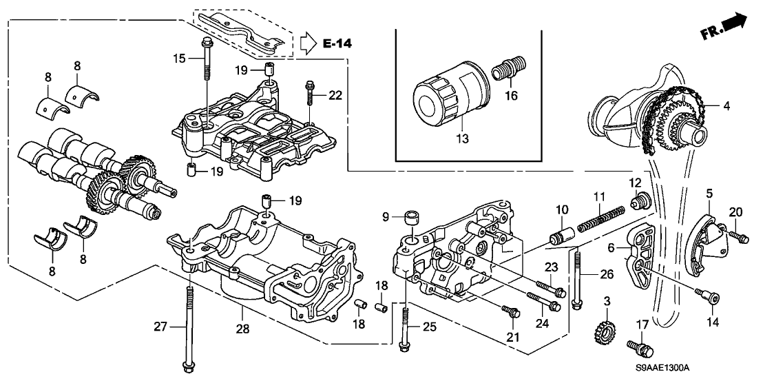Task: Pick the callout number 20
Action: (735, 212)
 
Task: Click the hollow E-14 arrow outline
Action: (308, 44)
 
